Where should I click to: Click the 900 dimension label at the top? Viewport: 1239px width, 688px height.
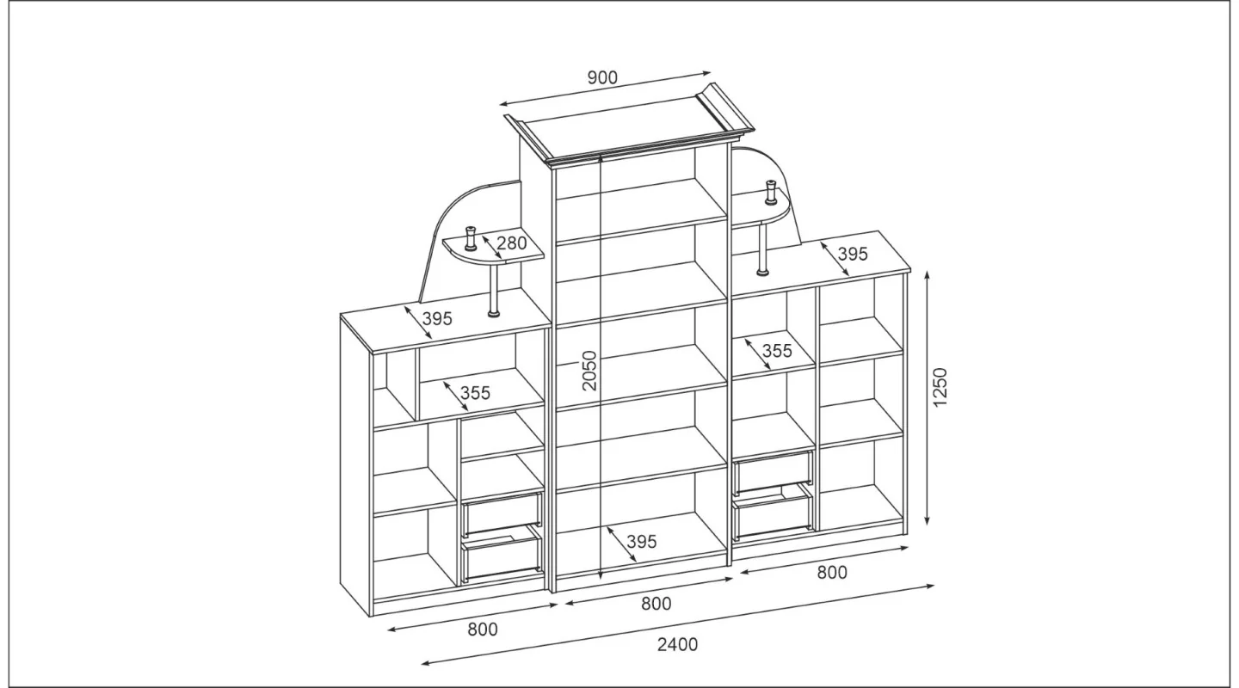point(602,78)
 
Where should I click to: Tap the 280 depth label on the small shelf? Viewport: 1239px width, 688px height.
point(512,243)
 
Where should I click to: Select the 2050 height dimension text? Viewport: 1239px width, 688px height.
point(589,371)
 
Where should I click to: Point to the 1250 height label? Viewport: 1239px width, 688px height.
point(940,387)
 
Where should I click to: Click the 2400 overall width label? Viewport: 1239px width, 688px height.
point(678,644)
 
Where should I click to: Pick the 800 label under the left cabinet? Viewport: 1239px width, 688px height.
point(483,630)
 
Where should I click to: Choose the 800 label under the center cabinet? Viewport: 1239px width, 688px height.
point(656,604)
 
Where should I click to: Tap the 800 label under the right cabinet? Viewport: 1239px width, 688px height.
point(833,573)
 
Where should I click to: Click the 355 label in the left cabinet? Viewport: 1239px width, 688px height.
point(476,393)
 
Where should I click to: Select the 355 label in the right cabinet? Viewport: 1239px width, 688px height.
point(777,351)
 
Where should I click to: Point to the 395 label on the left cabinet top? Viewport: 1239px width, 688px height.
point(437,318)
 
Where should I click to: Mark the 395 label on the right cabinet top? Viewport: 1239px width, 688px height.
point(853,254)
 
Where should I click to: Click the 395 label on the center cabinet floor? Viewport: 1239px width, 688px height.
point(642,542)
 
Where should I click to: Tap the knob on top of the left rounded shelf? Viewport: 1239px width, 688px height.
point(471,238)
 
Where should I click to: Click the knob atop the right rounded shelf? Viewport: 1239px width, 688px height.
point(770,192)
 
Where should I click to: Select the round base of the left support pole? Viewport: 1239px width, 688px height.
point(494,315)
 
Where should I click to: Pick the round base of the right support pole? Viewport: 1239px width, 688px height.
point(762,272)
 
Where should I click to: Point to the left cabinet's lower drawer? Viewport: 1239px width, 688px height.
point(501,560)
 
